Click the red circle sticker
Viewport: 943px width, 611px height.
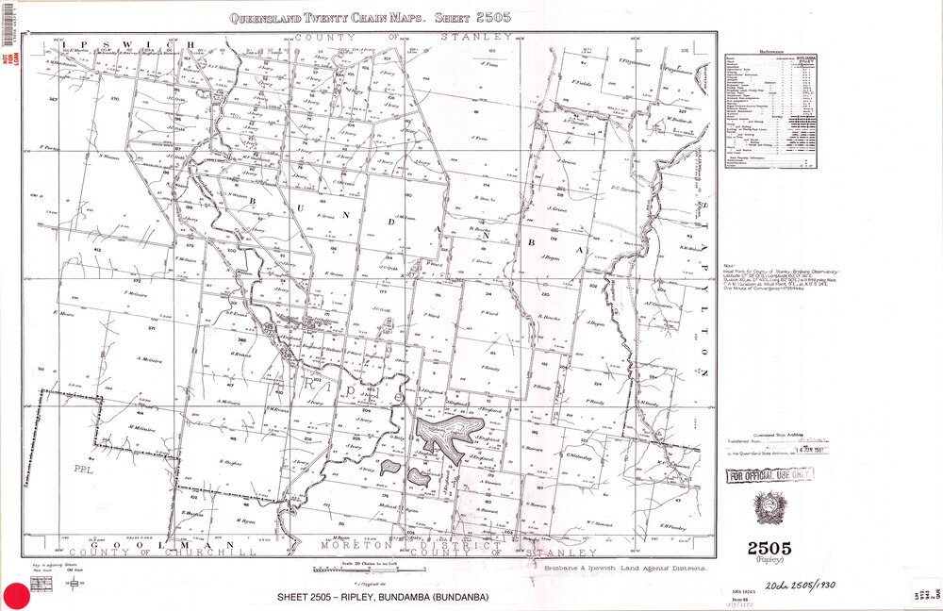(15, 595)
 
